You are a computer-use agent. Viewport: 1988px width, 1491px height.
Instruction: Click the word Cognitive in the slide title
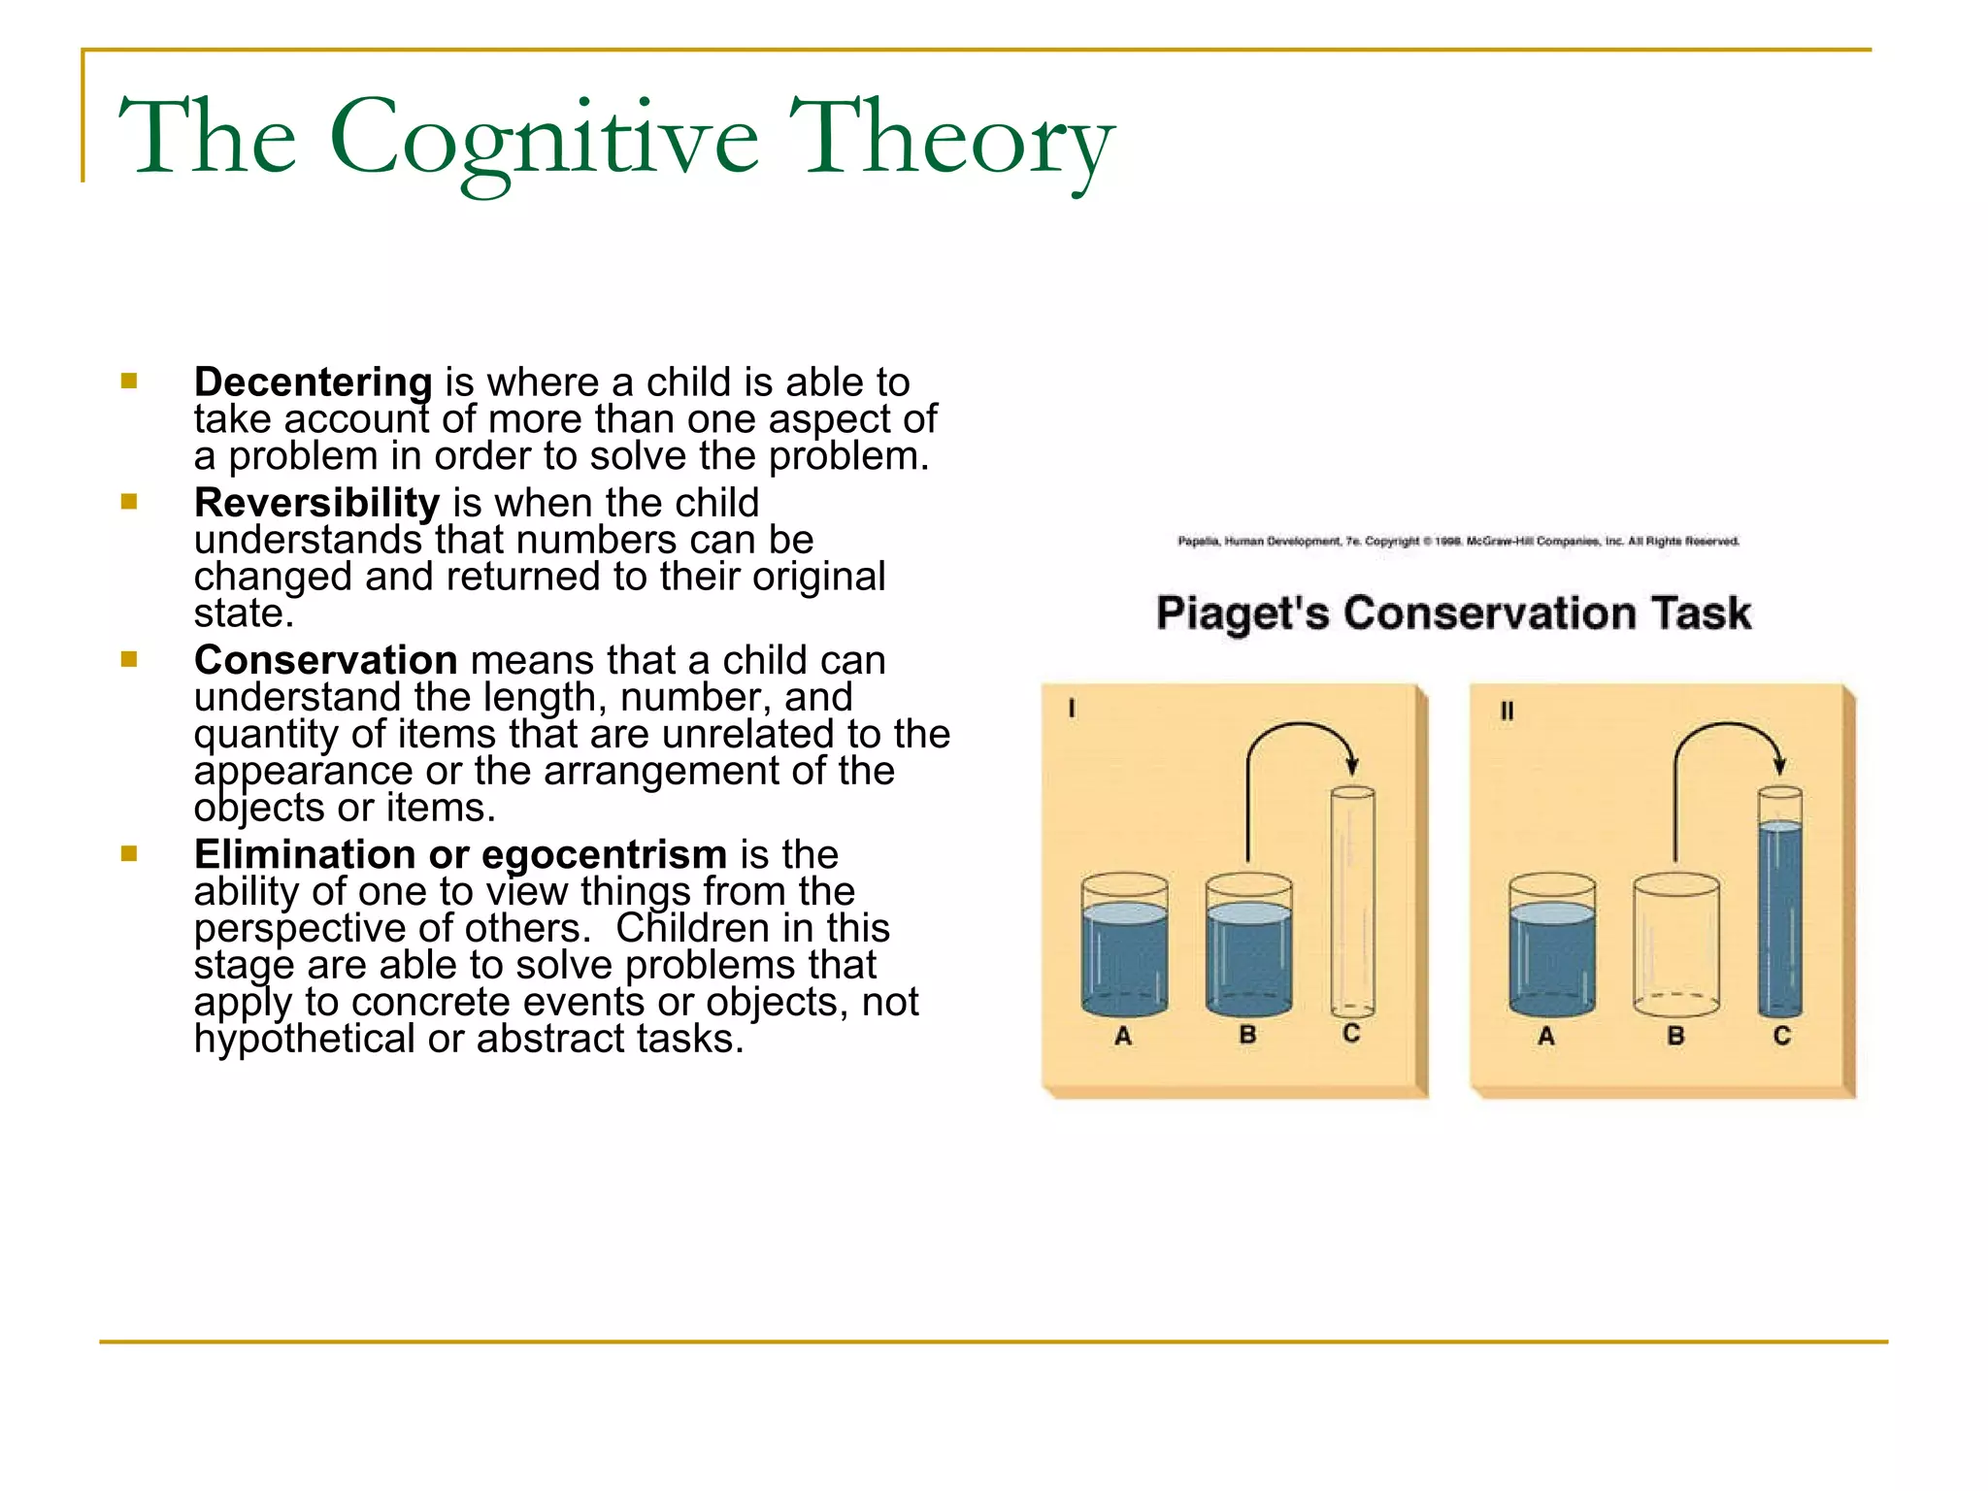click(x=544, y=138)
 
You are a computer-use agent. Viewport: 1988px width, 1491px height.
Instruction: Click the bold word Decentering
click(x=313, y=381)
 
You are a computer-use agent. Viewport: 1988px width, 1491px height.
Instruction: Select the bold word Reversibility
click(x=316, y=503)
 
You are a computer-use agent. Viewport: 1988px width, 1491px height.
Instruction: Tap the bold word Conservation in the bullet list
click(x=325, y=660)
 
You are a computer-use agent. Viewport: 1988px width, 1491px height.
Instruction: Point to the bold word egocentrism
click(x=604, y=854)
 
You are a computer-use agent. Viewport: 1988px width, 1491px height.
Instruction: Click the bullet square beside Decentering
click(x=129, y=381)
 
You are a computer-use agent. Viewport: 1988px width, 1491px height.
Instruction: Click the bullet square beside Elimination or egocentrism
click(x=129, y=854)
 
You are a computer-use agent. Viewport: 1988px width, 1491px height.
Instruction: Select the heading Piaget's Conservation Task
click(x=1453, y=613)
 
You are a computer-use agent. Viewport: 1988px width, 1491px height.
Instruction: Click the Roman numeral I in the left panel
click(x=1072, y=710)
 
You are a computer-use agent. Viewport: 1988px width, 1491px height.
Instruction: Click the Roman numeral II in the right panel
click(x=1507, y=712)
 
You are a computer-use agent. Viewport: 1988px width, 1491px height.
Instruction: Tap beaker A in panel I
click(x=1125, y=946)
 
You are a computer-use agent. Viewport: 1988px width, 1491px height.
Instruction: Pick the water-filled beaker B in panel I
click(x=1248, y=946)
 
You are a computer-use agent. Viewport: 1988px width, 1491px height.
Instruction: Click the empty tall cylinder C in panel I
click(x=1352, y=903)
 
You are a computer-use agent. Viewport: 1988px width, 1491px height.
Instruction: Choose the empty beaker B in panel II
click(x=1676, y=946)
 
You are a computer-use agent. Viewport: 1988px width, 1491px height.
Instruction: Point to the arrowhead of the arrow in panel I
click(x=1352, y=767)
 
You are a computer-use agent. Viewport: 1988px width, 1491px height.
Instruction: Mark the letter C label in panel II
click(x=1782, y=1036)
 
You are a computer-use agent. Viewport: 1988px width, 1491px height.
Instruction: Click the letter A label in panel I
click(x=1123, y=1037)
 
